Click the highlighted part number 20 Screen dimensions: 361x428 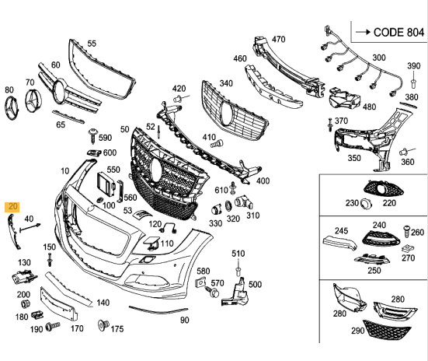coord(12,207)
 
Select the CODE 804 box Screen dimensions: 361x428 coord(387,33)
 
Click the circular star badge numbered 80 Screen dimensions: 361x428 coord(9,109)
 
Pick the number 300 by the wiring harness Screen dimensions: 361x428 coord(378,58)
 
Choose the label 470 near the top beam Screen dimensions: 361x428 coord(279,39)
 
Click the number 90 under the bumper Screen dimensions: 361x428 coord(184,320)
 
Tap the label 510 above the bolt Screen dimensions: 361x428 coord(238,254)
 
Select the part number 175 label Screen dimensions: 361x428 coord(117,329)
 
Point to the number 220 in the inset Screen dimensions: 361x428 coord(388,203)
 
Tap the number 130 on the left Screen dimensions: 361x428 coord(25,262)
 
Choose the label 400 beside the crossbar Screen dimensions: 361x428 coord(263,180)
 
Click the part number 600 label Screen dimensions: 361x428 coord(110,152)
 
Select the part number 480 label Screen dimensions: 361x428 coord(370,107)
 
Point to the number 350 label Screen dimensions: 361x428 coord(354,158)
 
